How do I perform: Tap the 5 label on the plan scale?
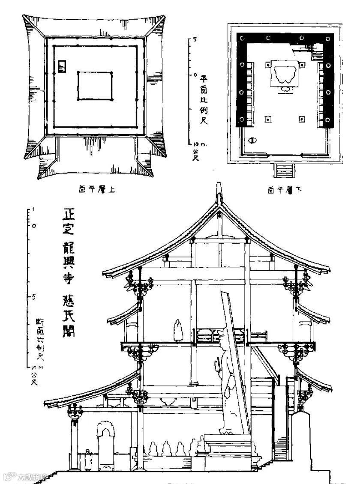click(195, 39)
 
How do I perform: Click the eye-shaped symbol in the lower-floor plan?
click(253, 140)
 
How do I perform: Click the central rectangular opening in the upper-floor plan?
click(95, 86)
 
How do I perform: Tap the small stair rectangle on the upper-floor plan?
click(63, 66)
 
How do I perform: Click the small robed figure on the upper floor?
click(177, 330)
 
